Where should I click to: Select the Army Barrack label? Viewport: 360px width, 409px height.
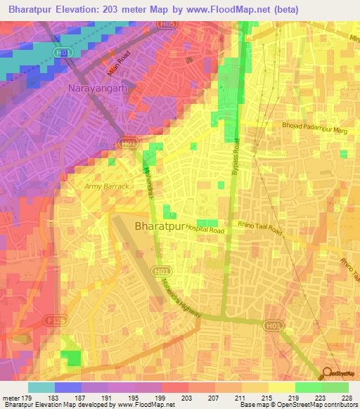click(107, 186)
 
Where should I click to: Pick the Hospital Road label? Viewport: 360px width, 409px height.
click(205, 231)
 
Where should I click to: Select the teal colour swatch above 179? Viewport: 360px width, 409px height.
click(41, 387)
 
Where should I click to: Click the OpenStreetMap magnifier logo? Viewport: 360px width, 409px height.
click(328, 373)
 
